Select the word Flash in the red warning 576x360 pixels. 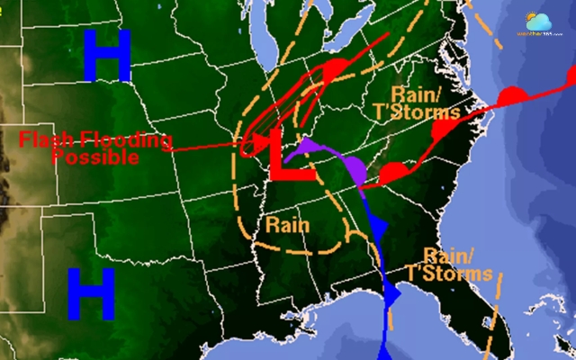click(x=49, y=139)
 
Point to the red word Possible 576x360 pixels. click(x=95, y=157)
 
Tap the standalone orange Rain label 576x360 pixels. click(x=285, y=221)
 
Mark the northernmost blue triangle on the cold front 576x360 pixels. click(x=376, y=226)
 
